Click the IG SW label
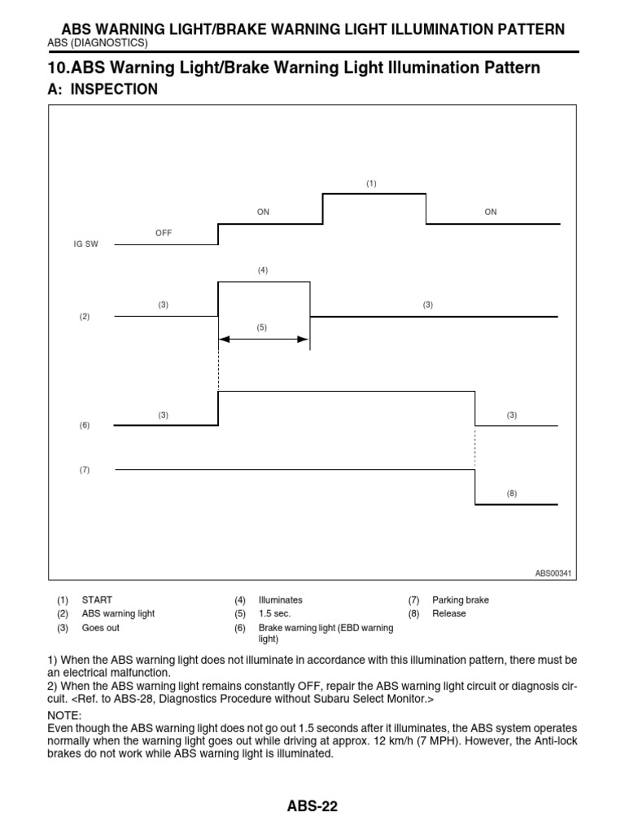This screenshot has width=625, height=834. (x=85, y=244)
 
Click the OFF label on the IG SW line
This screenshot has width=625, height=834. (x=164, y=233)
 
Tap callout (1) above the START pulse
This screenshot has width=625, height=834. (x=371, y=184)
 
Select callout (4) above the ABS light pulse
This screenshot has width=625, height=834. (x=263, y=270)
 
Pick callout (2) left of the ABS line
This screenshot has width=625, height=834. (x=85, y=317)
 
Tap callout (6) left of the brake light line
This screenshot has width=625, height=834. (x=85, y=426)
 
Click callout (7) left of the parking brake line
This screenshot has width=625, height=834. (x=85, y=470)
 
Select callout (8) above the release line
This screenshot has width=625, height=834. (x=511, y=494)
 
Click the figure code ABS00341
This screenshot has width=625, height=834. (x=553, y=573)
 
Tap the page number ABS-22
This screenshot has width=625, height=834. (x=312, y=807)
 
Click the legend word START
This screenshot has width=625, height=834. (x=96, y=600)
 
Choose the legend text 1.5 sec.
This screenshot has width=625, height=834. (x=274, y=614)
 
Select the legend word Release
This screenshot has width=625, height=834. (x=449, y=614)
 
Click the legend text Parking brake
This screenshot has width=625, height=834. (x=461, y=600)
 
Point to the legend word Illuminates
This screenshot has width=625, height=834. (x=280, y=600)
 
